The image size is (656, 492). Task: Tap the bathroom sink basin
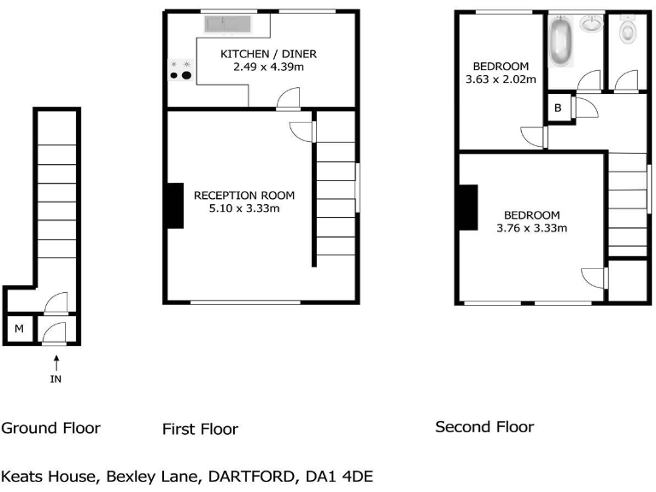(x=590, y=24)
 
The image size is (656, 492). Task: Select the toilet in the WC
(x=629, y=32)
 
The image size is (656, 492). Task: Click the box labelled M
(x=18, y=329)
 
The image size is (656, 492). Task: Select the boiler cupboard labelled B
(x=558, y=108)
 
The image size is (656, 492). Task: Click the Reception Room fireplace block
(x=174, y=206)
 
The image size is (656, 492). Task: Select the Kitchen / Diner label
(x=262, y=54)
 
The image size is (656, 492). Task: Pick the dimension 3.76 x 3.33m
(x=531, y=228)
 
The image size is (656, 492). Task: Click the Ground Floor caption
(x=50, y=428)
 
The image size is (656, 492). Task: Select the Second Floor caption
(x=484, y=426)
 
